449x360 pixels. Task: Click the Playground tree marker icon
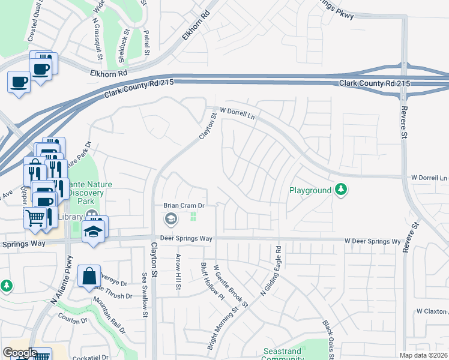342,190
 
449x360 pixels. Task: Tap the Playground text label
310,190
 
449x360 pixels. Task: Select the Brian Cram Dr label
184,205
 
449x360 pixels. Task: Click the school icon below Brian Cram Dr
170,219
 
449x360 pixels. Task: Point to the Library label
70,216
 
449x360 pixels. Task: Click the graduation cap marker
93,231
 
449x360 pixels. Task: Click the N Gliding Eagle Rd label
270,270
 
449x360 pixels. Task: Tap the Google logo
20,353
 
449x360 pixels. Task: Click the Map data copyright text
423,355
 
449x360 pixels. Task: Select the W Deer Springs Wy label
372,241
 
